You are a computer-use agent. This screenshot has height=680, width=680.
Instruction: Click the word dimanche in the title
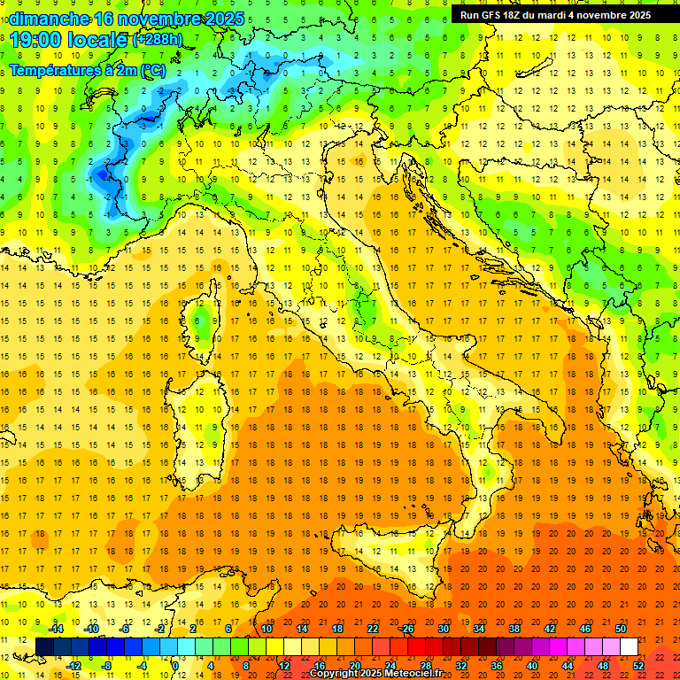point(49,19)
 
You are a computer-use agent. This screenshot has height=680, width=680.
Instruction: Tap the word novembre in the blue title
point(165,19)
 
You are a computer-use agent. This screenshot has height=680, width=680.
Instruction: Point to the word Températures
point(57,69)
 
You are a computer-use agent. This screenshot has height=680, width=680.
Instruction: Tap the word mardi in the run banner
point(563,15)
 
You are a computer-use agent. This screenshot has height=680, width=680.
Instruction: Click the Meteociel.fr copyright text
point(375,674)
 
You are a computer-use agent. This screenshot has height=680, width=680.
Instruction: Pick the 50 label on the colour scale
point(621,629)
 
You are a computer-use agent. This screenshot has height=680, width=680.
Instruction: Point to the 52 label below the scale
point(637,665)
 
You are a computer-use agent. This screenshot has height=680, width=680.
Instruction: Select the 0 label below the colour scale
point(175,665)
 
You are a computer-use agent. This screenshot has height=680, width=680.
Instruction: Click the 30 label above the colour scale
point(444,629)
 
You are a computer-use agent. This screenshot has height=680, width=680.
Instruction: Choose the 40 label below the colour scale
point(532,665)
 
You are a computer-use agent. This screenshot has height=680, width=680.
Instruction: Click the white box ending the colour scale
point(630,646)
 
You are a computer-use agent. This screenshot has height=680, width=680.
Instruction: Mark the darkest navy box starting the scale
point(45,646)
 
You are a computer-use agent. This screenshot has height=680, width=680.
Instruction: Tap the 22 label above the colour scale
point(373,629)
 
